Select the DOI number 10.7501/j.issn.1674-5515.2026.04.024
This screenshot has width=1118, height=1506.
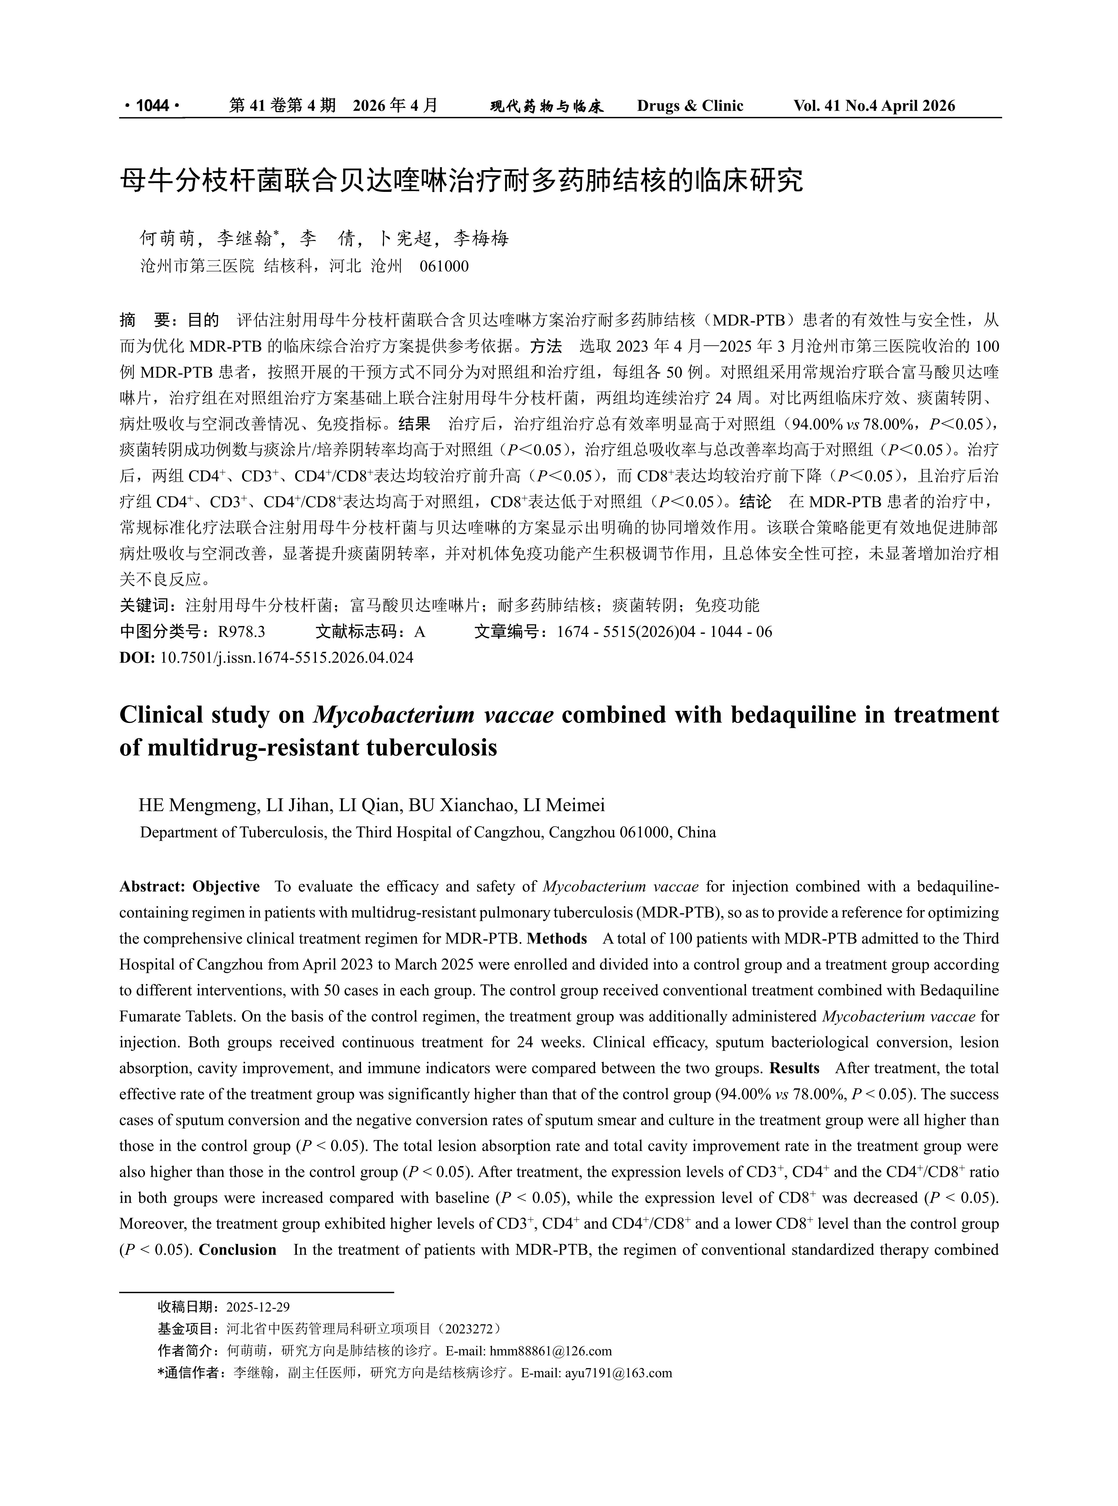tap(286, 657)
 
